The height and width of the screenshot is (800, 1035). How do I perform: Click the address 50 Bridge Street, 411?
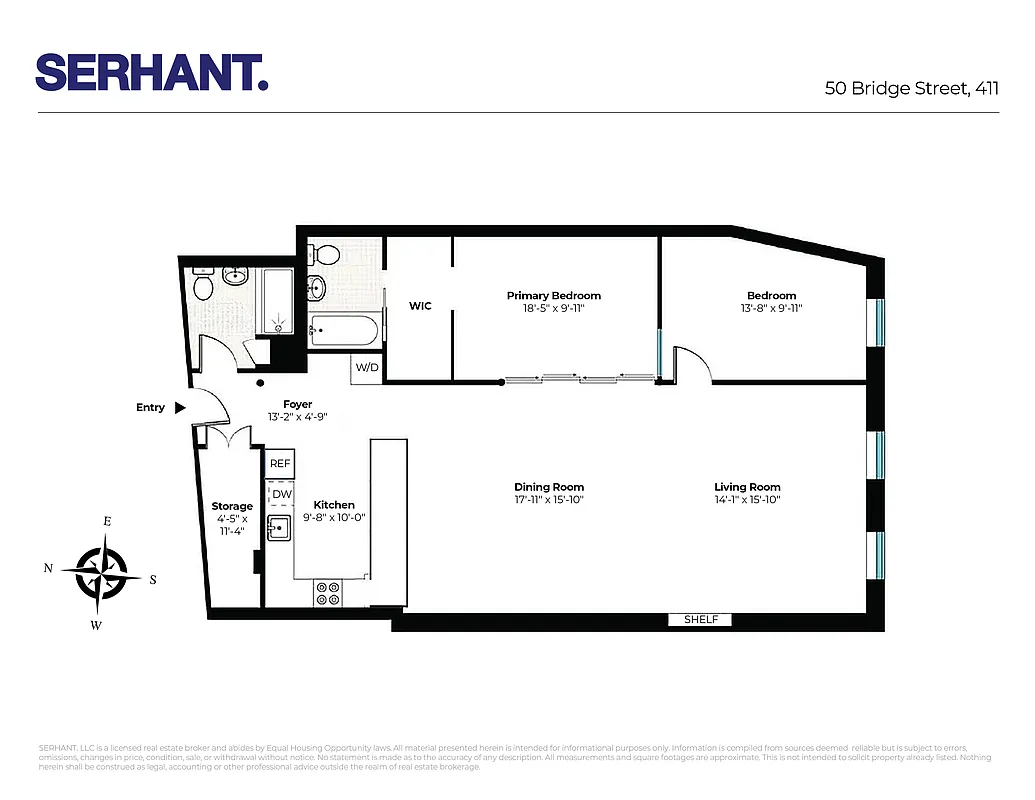[911, 88]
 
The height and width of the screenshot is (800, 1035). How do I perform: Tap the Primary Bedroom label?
[553, 295]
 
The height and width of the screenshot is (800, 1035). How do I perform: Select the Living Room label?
[746, 487]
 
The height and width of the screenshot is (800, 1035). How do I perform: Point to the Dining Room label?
[549, 487]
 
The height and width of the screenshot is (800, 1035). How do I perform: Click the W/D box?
[367, 368]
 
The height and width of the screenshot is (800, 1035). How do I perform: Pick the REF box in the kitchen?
[280, 464]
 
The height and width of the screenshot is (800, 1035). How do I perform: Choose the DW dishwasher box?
[280, 493]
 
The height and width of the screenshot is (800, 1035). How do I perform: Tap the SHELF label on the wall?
[700, 620]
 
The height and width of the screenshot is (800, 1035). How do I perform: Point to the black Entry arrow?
[180, 408]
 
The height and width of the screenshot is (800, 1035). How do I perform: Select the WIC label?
[420, 306]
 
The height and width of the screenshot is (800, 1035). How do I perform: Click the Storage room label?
[232, 506]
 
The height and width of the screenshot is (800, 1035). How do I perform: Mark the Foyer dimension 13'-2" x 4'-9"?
[298, 417]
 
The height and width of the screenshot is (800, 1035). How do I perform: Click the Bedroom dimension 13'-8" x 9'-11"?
[771, 309]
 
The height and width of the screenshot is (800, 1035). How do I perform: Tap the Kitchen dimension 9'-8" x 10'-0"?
[334, 518]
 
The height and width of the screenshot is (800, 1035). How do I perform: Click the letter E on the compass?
[107, 522]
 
